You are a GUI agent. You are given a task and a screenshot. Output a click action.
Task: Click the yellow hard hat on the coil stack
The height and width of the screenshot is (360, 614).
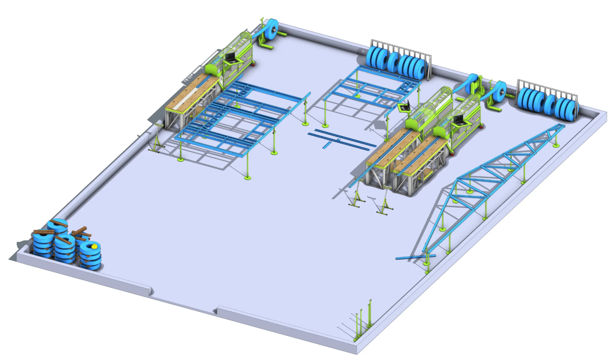pos(94,246)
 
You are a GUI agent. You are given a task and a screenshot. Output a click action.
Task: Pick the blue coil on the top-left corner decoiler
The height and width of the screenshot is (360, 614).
pos(272,29)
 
